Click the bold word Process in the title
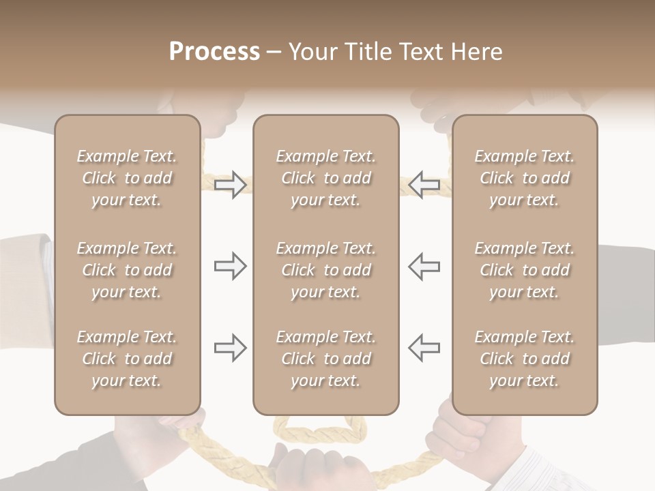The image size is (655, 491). point(214,52)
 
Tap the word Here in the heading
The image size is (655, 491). point(477,52)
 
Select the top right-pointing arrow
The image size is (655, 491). point(230,185)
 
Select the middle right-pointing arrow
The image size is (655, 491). point(230,265)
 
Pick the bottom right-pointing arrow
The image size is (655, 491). point(230,348)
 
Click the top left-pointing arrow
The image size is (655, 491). point(424,185)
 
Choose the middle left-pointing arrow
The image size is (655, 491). point(424,265)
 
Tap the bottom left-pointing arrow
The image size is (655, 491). point(424,348)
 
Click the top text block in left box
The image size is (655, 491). point(127,178)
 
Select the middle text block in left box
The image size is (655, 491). point(127,270)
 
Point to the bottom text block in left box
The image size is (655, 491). point(127,359)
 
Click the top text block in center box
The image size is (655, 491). point(325,178)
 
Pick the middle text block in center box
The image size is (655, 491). point(325,270)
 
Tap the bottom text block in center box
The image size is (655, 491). point(325,359)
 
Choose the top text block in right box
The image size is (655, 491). point(524,178)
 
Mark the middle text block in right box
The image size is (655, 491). point(524,270)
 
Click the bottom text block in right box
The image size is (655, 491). point(524,359)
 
